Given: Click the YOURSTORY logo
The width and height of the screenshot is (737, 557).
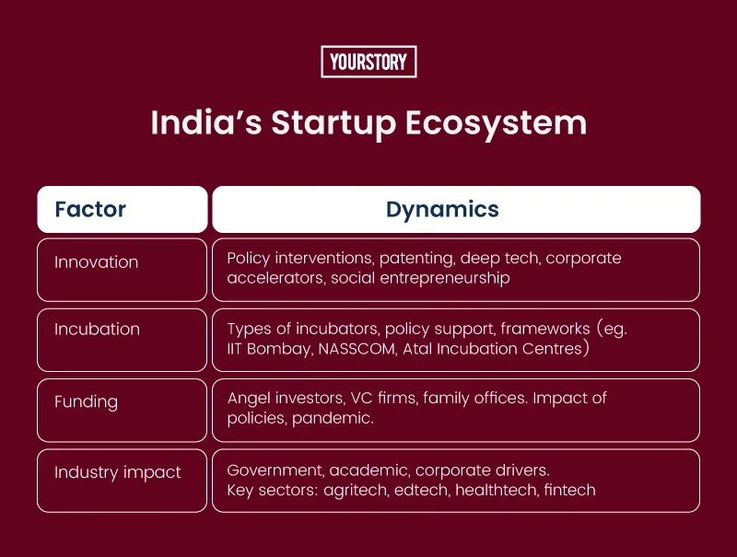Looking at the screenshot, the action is pyautogui.click(x=368, y=62).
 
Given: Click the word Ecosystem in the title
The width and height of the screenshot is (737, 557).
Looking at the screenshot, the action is pyautogui.click(x=496, y=123).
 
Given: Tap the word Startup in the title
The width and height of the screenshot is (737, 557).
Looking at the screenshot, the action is pyautogui.click(x=333, y=124).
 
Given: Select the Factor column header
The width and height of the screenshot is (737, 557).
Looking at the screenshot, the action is pyautogui.click(x=90, y=209).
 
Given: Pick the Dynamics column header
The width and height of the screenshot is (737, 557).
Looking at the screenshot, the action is pyautogui.click(x=442, y=210).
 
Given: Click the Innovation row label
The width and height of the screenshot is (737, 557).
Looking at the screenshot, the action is pyautogui.click(x=97, y=262).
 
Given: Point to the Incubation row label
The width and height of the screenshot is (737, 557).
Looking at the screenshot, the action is pyautogui.click(x=98, y=329).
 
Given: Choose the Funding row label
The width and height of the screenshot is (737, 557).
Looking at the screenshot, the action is pyautogui.click(x=86, y=402).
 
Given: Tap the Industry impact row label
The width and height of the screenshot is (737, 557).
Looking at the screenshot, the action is pyautogui.click(x=118, y=472).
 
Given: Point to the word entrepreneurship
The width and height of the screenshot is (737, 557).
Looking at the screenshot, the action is pyautogui.click(x=445, y=278).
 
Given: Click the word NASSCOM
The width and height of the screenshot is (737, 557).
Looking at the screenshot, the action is pyautogui.click(x=357, y=349).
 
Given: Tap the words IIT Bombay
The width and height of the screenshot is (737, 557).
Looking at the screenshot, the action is pyautogui.click(x=269, y=349).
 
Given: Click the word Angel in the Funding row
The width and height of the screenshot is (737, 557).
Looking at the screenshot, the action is pyautogui.click(x=249, y=399).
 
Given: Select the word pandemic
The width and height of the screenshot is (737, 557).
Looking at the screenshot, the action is pyautogui.click(x=333, y=419).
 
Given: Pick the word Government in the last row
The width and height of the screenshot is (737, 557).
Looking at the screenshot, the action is pyautogui.click(x=275, y=470).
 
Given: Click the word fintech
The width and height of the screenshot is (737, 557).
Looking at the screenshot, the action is pyautogui.click(x=569, y=490).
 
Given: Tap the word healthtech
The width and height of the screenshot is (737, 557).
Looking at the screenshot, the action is pyautogui.click(x=497, y=490).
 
